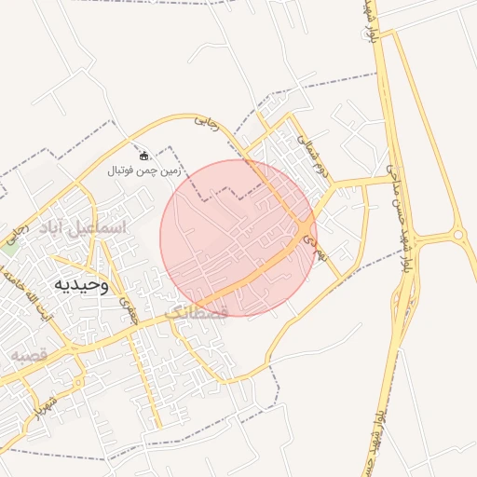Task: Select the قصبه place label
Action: pyautogui.click(x=30, y=355)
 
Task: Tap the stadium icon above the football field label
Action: pyautogui.click(x=144, y=156)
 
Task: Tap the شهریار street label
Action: pyautogui.click(x=39, y=410)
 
